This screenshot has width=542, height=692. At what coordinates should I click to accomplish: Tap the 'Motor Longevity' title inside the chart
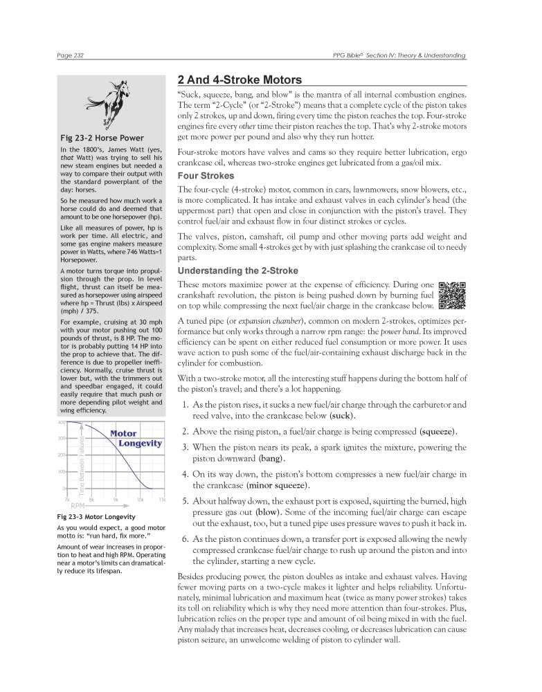click(x=132, y=438)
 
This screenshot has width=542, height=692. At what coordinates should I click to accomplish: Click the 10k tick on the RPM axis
click(x=141, y=499)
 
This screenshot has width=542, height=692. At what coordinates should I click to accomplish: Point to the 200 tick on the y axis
click(x=61, y=455)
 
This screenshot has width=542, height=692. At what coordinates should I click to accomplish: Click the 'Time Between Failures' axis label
click(x=80, y=463)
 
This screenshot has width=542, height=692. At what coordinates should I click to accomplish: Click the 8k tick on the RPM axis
click(x=92, y=499)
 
